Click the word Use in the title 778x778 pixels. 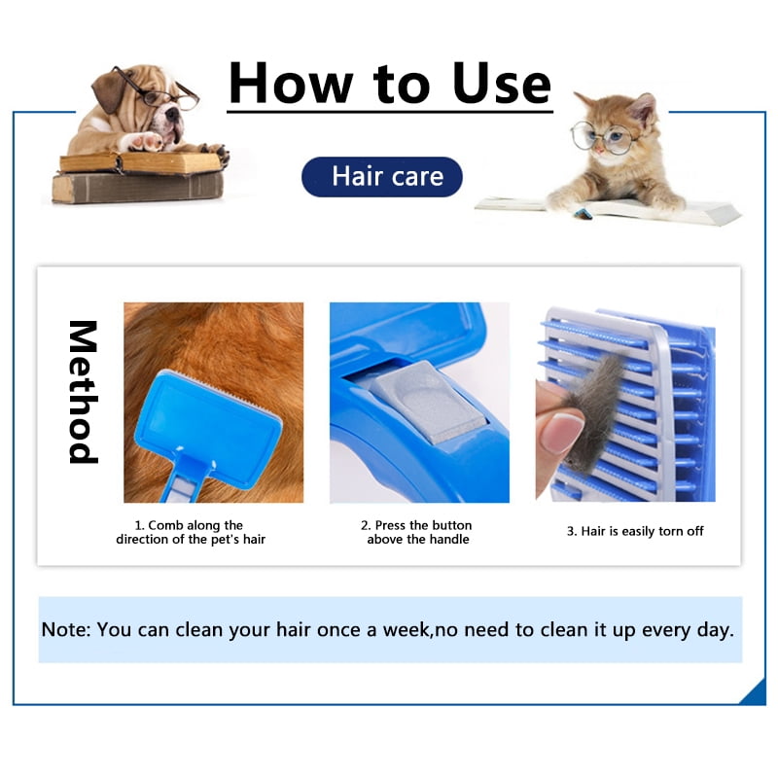click(501, 84)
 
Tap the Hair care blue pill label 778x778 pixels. click(381, 177)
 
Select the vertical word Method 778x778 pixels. click(83, 392)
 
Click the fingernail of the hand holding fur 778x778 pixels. click(562, 431)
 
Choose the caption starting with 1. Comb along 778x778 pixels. click(191, 532)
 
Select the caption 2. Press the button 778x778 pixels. click(417, 532)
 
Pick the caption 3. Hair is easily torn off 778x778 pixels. click(635, 531)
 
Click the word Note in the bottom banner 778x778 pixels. click(65, 629)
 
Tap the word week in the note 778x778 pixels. click(406, 629)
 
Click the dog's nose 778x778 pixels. click(172, 115)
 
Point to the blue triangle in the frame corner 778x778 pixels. click(755, 692)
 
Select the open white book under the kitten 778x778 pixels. click(608, 209)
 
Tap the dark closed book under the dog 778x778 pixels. click(137, 188)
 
